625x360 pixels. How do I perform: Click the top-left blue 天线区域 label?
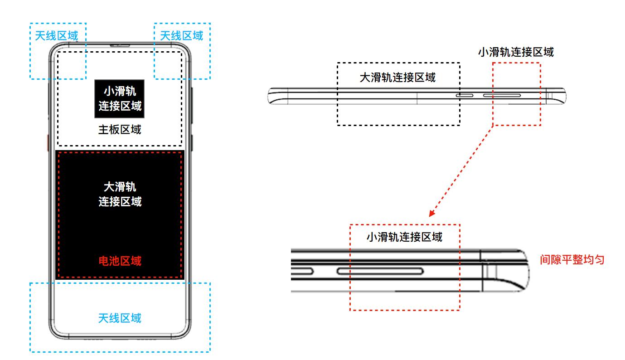[x=57, y=35]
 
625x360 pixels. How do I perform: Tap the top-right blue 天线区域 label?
[x=182, y=35]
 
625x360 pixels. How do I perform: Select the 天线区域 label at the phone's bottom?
[x=120, y=318]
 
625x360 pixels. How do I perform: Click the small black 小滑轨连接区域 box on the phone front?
[x=120, y=99]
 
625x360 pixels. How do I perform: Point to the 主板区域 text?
[x=120, y=130]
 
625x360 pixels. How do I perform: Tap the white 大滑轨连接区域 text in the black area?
[x=120, y=194]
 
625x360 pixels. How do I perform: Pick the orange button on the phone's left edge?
[x=48, y=141]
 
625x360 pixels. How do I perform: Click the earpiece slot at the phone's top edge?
[x=120, y=45]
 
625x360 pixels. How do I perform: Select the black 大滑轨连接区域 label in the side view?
[x=397, y=78]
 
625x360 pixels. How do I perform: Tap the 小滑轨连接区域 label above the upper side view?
[x=516, y=52]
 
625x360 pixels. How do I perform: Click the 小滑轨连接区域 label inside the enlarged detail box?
[x=404, y=237]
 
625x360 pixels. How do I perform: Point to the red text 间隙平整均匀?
[x=572, y=260]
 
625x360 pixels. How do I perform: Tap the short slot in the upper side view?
[x=464, y=96]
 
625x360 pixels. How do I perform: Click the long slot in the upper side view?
[x=501, y=96]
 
